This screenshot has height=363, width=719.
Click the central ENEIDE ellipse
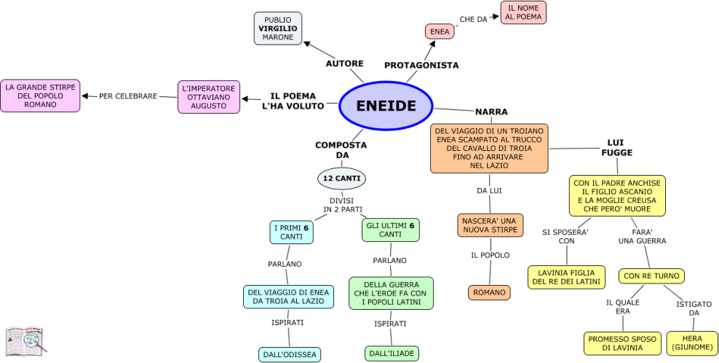[x=386, y=106]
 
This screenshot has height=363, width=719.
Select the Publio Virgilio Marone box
[x=278, y=28]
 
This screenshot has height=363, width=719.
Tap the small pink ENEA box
[x=440, y=31]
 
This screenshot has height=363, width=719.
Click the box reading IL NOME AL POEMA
[x=523, y=12]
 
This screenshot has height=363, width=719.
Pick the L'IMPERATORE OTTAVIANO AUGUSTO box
[x=209, y=97]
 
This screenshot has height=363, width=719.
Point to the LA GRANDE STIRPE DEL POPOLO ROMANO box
[x=40, y=95]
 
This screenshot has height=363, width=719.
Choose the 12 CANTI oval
[x=341, y=178]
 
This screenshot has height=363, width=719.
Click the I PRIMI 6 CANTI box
[x=291, y=232]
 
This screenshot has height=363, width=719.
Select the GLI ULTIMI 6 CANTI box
[x=390, y=230]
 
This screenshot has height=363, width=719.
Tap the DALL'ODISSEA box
[x=290, y=355]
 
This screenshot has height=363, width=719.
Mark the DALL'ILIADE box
[x=392, y=354]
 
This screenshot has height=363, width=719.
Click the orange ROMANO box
[x=489, y=292]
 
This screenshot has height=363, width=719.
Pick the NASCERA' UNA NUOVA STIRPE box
[x=490, y=225]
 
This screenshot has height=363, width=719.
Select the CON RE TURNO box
[x=651, y=276]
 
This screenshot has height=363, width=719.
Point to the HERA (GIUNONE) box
[x=691, y=343]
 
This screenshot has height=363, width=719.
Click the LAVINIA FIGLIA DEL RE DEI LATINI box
[x=566, y=277]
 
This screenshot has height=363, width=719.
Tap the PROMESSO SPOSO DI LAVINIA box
[x=622, y=343]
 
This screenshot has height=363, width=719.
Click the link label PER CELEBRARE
[x=128, y=96]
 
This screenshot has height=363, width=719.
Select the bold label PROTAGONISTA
[x=421, y=65]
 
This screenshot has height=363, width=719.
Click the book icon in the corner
[x=25, y=340]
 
